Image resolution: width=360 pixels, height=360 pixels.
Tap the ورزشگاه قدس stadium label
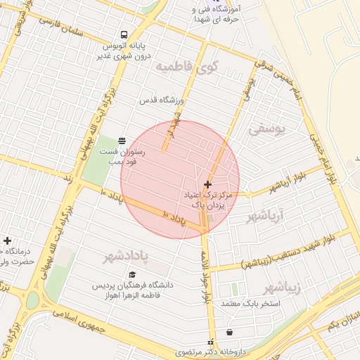[156, 102]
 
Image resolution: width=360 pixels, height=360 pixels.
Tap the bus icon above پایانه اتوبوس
[124, 35]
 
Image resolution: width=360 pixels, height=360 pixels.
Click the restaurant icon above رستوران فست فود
[122, 141]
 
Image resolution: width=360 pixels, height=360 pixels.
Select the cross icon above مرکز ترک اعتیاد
[206, 184]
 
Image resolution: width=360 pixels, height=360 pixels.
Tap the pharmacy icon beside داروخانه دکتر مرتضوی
[209, 342]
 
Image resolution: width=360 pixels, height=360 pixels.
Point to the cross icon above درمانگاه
[7, 241]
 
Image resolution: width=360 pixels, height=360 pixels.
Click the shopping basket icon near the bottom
[229, 333]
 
